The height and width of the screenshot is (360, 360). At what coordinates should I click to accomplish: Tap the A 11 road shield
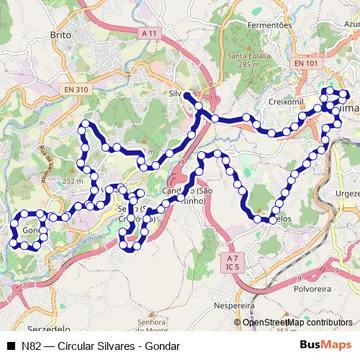(x=149, y=34)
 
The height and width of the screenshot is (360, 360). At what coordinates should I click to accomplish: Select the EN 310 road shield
(x=75, y=89)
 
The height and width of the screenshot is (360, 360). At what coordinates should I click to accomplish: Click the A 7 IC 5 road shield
(x=231, y=262)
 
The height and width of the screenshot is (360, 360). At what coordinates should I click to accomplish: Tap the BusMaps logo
(x=326, y=345)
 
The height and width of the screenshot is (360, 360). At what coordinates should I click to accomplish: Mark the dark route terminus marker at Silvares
(x=187, y=95)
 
